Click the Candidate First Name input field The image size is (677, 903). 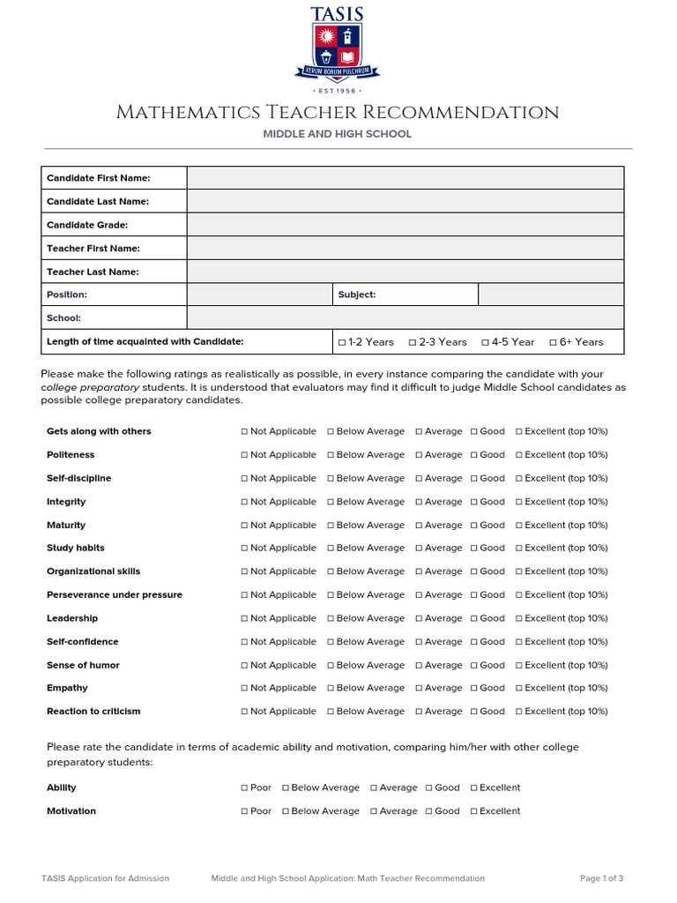pos(405,178)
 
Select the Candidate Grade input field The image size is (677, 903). pos(405,225)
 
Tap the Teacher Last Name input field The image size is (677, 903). pos(405,272)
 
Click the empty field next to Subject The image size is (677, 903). pos(550,295)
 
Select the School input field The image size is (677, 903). pos(405,317)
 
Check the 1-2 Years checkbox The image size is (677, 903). pos(342,342)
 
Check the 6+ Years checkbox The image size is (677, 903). pos(553,342)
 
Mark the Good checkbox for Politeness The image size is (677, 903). pos(474,455)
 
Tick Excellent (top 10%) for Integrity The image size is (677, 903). pos(518,502)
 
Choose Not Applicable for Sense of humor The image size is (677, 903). pos(244,665)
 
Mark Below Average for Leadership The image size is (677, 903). pos(331,618)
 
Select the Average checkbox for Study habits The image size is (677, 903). pos(420,549)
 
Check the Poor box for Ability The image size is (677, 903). pos(244,787)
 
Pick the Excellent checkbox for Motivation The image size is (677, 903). pos(473,811)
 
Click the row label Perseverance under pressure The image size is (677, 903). pos(115,595)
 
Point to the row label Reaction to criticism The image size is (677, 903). pos(93,712)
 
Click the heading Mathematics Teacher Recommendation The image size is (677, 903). pos(338,113)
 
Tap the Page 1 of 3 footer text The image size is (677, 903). pos(601,878)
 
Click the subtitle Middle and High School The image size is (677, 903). pos(338,134)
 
